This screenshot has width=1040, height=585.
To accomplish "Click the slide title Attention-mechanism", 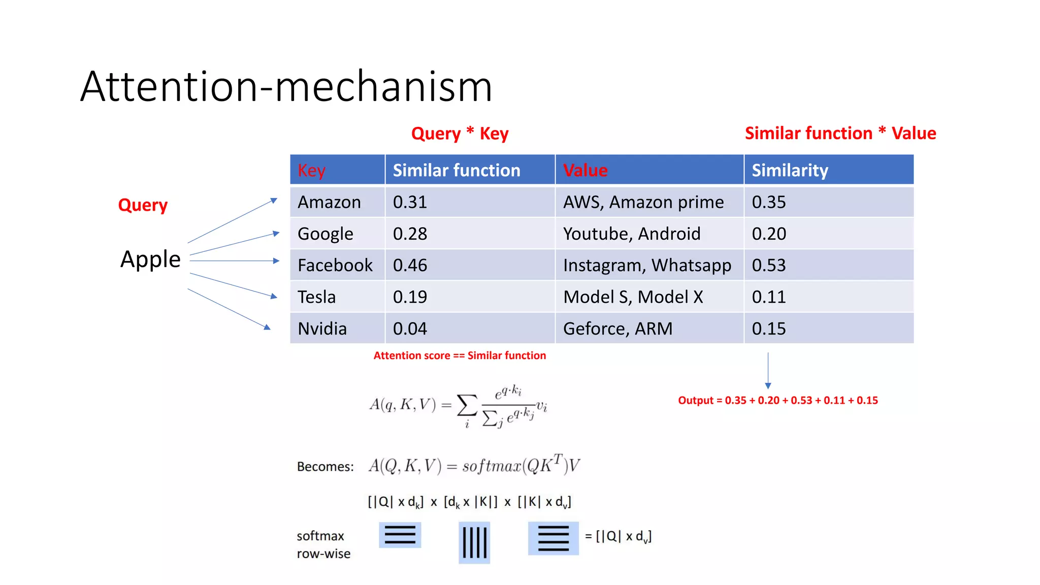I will pyautogui.click(x=286, y=86).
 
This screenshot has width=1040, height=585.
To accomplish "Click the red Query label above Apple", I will pyautogui.click(x=143, y=205).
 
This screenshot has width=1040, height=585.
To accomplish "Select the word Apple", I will pyautogui.click(x=150, y=259).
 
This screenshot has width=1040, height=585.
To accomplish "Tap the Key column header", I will pyautogui.click(x=311, y=170).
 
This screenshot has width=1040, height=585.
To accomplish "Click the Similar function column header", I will pyautogui.click(x=456, y=170).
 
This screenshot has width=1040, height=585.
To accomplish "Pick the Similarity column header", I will pyautogui.click(x=790, y=170).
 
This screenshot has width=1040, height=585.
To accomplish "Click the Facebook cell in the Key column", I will pyautogui.click(x=335, y=265).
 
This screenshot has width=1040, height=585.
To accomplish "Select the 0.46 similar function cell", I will pyautogui.click(x=410, y=265).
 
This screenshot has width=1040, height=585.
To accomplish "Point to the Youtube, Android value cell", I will pyautogui.click(x=632, y=234).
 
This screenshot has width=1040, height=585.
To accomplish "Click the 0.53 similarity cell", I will pyautogui.click(x=769, y=265).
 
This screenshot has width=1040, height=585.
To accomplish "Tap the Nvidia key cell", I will pyautogui.click(x=322, y=329).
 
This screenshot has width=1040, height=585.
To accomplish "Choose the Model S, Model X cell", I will pyautogui.click(x=633, y=297).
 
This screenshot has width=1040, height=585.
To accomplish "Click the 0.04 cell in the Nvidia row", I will pyautogui.click(x=410, y=329).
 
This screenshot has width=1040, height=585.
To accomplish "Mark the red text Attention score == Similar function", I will pyautogui.click(x=460, y=355).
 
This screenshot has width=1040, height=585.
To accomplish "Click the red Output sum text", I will pyautogui.click(x=777, y=400).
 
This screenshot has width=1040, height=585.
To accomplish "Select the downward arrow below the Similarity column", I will pyautogui.click(x=768, y=371).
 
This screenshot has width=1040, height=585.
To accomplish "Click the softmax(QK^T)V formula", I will pyautogui.click(x=474, y=465).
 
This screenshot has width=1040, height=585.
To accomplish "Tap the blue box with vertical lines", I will pyautogui.click(x=474, y=542).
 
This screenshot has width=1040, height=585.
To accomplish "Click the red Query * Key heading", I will pyautogui.click(x=460, y=134).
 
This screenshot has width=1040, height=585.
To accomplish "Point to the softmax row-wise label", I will pyautogui.click(x=323, y=544).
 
